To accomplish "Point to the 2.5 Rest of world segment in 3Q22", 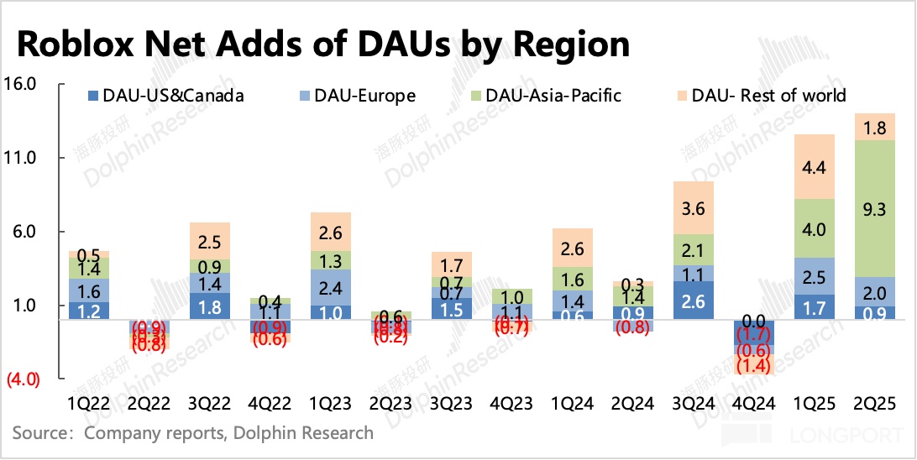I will [x=210, y=242].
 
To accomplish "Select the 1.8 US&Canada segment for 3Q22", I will [x=210, y=306].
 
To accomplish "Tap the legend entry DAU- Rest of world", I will [x=768, y=95].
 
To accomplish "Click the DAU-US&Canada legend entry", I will [x=172, y=95].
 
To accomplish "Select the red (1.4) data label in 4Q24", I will [x=753, y=364].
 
